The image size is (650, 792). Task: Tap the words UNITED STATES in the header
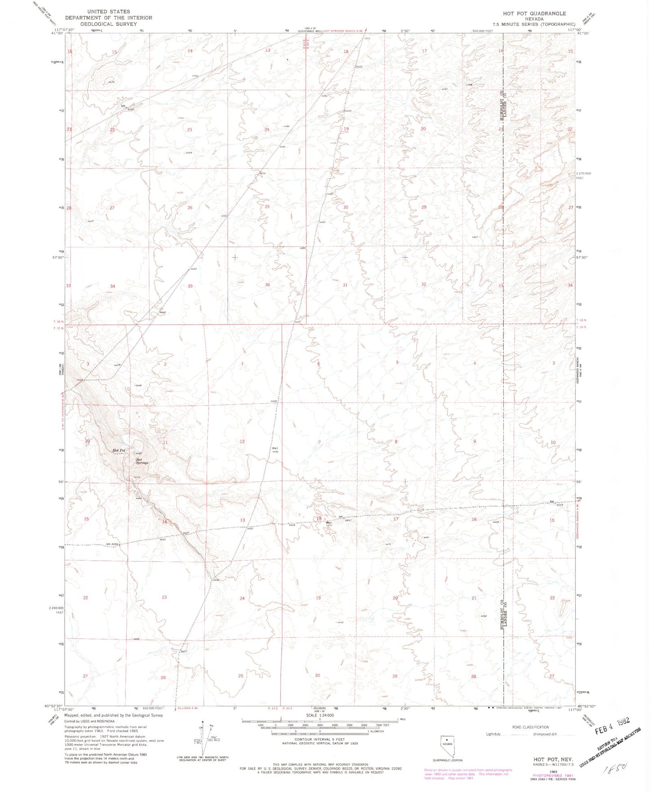click(108, 12)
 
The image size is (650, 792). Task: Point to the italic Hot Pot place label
click(119, 450)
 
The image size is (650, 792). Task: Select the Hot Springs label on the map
click(142, 461)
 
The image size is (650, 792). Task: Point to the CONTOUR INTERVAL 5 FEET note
click(320, 739)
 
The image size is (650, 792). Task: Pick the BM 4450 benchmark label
click(112, 544)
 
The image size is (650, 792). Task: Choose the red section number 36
click(268, 285)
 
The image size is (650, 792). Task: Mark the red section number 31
click(345, 285)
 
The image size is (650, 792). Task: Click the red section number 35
click(190, 286)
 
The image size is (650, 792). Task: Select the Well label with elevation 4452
click(275, 450)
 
